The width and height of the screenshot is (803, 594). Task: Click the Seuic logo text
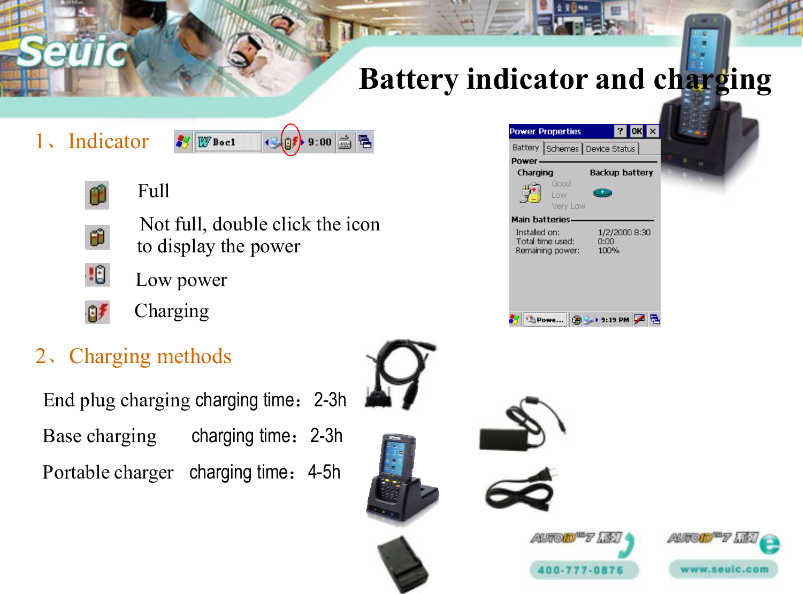click(72, 52)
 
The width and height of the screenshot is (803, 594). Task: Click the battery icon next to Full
click(97, 195)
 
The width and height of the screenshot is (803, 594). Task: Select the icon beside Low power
click(97, 275)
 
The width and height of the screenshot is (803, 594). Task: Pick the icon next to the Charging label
click(97, 312)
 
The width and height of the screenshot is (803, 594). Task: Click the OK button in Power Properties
click(636, 131)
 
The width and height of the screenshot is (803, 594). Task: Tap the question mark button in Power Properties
click(620, 131)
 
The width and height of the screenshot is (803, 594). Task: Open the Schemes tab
click(562, 149)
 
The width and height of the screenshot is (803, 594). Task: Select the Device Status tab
click(610, 149)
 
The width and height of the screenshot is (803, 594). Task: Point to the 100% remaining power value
click(608, 250)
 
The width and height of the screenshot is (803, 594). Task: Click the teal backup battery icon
click(602, 192)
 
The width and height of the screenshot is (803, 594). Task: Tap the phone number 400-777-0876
click(581, 570)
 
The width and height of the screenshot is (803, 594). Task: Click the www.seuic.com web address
click(724, 569)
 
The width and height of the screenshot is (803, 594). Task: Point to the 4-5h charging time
click(324, 472)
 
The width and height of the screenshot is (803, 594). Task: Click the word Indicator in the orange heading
click(108, 141)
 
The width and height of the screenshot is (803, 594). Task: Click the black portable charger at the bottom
click(402, 564)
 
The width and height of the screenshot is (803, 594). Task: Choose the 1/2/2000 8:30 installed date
click(624, 232)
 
